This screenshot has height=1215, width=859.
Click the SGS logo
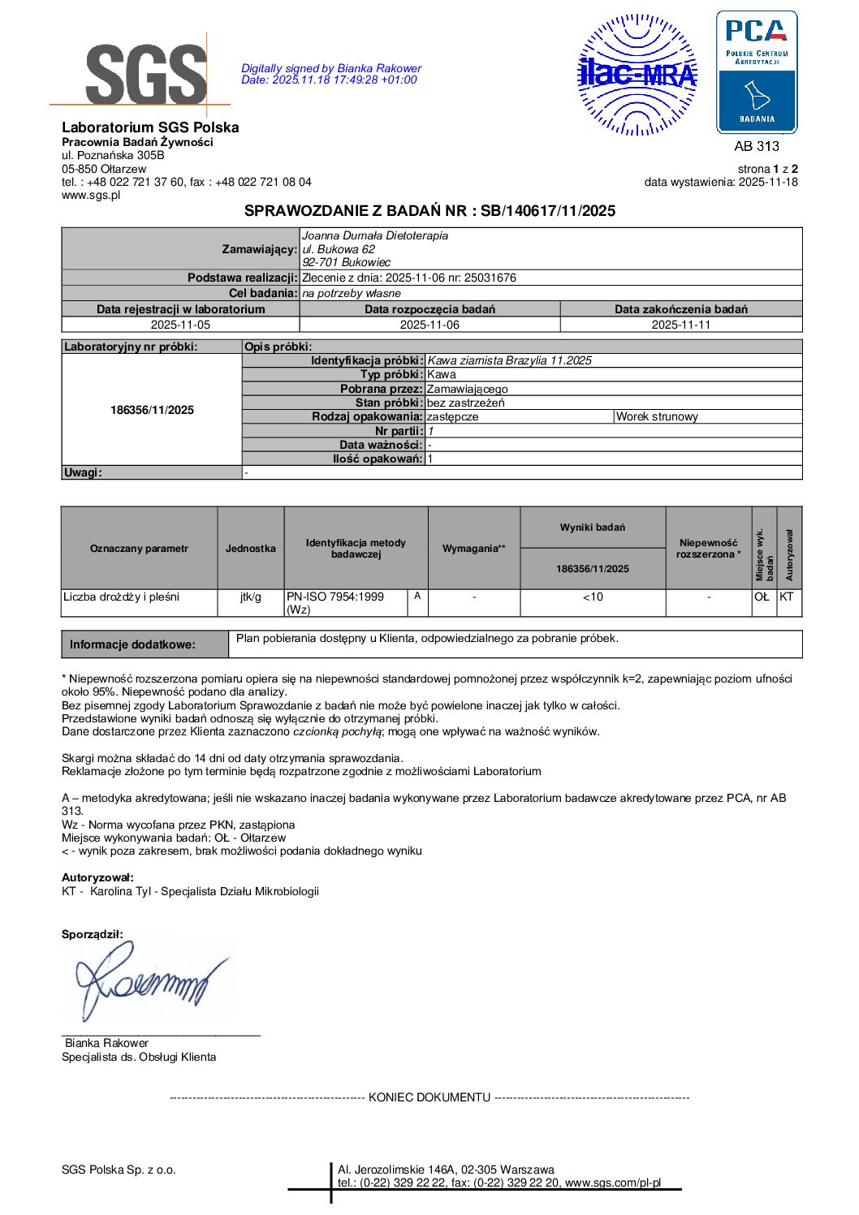[145, 73]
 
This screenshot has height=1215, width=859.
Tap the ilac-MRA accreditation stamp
[637, 75]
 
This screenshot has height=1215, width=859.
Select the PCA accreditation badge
[756, 72]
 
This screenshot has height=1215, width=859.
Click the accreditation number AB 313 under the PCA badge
[756, 146]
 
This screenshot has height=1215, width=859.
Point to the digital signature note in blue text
[331, 74]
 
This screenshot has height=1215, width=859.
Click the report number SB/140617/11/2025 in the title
[548, 211]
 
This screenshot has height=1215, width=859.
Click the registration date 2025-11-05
[180, 325]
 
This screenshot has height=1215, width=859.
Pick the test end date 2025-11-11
[680, 325]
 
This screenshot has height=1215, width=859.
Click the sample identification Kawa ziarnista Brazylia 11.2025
[509, 360]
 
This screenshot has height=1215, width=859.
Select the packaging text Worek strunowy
[657, 416]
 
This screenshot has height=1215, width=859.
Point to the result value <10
[593, 597]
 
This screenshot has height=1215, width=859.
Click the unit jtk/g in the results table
[251, 597]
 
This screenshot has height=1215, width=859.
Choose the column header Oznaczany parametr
[139, 549]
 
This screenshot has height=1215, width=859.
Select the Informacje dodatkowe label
[132, 644]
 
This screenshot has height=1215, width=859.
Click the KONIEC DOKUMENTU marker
[429, 1097]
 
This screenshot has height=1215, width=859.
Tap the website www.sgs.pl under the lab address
[91, 195]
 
